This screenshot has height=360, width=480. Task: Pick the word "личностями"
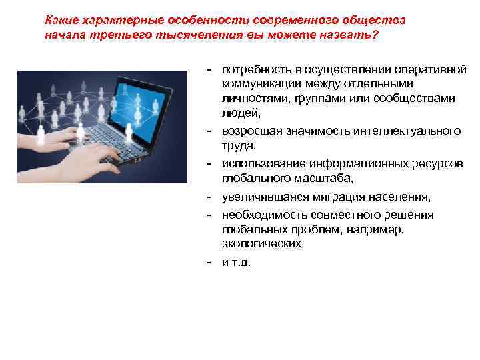251,98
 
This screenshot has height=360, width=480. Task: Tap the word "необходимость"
261,215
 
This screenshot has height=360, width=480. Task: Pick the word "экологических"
261,243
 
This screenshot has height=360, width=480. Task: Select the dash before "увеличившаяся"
210,197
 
